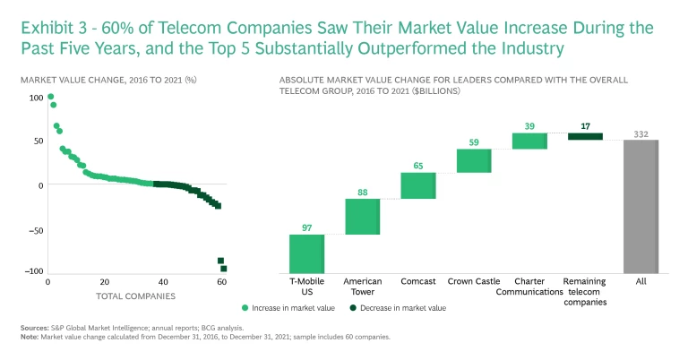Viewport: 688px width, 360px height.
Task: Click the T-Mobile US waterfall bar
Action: pos(306,253)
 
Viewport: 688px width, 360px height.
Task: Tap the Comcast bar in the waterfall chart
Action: pos(417,185)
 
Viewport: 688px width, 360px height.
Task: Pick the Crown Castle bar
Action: pos(473,160)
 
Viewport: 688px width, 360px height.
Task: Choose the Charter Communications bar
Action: pos(529,141)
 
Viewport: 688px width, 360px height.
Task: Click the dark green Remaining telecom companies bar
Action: pos(585,136)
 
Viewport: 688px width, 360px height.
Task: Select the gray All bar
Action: pos(641,205)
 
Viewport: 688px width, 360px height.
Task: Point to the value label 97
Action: pos(306,228)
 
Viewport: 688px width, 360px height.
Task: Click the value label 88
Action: pos(362,192)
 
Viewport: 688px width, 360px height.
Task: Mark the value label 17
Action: pos(585,126)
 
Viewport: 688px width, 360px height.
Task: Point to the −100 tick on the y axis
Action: pos(33,271)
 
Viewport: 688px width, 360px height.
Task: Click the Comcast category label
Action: pos(417,281)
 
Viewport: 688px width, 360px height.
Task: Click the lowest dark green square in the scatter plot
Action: pos(224,269)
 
